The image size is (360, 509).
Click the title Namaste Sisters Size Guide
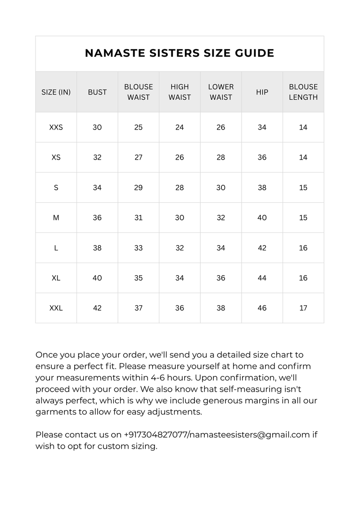point(180,53)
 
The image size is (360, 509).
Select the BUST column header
point(97,92)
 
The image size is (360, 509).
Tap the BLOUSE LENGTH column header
point(303,92)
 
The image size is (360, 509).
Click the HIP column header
point(262,92)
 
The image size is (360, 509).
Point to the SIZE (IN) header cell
point(56,92)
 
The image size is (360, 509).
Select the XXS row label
point(56,127)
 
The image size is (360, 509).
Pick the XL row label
point(56,278)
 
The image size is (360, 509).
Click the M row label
point(56,218)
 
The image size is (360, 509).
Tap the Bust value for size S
point(97,188)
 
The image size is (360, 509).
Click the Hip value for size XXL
point(262,308)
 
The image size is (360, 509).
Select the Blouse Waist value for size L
point(138,248)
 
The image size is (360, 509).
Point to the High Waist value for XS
point(180,157)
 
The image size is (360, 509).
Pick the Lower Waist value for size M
point(220,218)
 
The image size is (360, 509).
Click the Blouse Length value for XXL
point(303,308)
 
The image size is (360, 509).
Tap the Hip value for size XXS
point(262,127)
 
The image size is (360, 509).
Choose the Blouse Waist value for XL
point(138,278)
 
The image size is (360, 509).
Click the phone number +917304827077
point(155,435)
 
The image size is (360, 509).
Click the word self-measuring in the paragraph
point(225,389)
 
